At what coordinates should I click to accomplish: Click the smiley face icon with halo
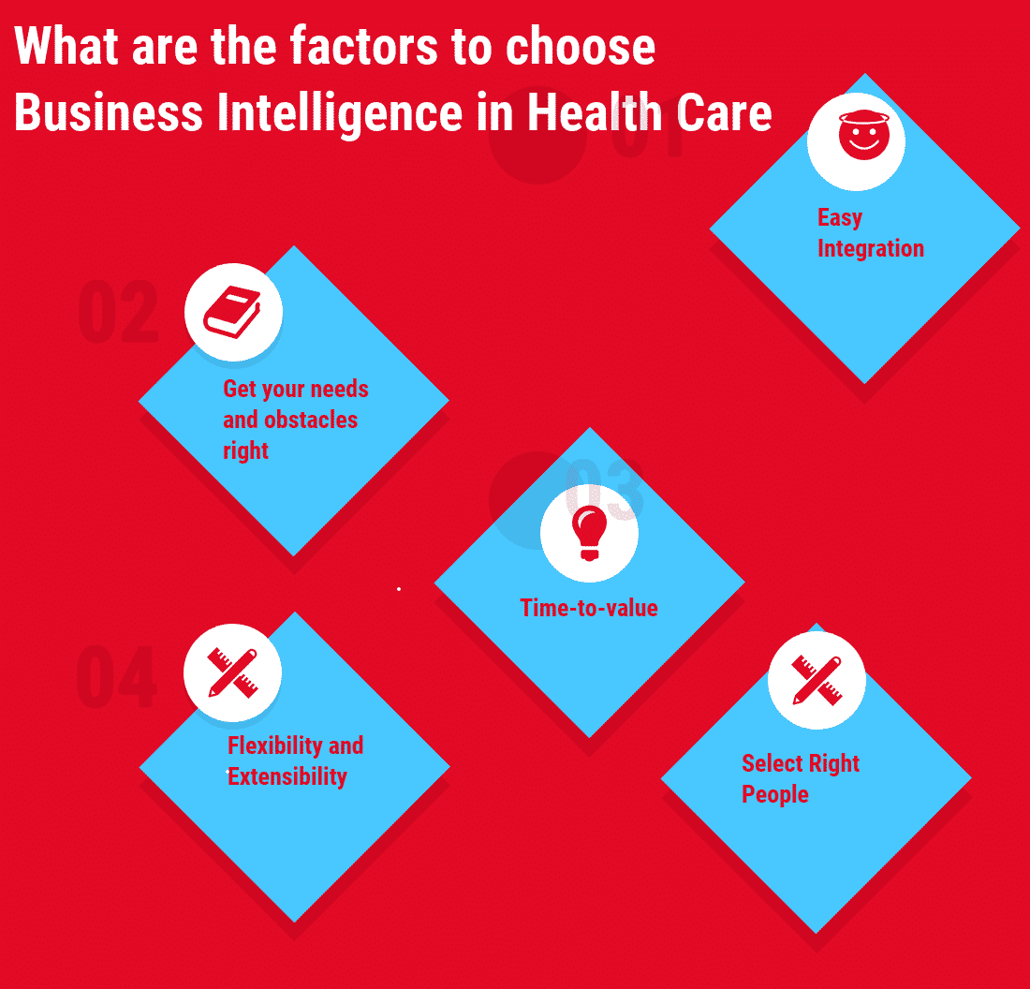[x=856, y=141]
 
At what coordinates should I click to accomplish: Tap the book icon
[x=232, y=312]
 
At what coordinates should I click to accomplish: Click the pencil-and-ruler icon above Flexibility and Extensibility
[x=232, y=672]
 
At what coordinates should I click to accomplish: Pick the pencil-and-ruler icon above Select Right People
[x=817, y=680]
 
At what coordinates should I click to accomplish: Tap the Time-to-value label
[x=589, y=608]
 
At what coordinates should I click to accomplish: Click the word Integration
[x=871, y=248]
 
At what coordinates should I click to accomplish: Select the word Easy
[x=839, y=218]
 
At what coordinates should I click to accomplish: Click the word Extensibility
[x=287, y=776]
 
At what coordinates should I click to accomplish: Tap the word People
[x=775, y=794]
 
